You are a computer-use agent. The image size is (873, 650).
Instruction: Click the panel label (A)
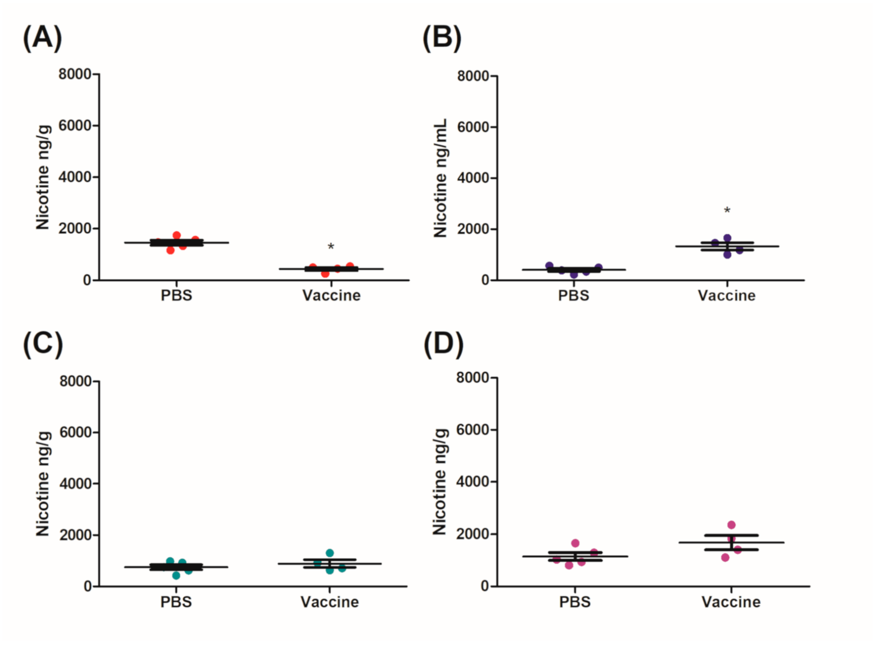point(42,37)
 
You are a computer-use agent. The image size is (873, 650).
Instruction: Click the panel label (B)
point(441,37)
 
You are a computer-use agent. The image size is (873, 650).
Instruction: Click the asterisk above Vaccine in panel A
point(330,247)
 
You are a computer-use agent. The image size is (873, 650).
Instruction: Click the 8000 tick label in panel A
point(74,74)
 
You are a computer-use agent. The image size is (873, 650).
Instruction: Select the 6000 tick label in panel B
point(473,127)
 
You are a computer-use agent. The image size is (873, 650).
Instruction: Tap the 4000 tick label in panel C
point(75,483)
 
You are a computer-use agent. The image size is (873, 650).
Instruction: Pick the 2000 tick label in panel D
point(472,534)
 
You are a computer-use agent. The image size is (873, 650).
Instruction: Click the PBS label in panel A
point(176,295)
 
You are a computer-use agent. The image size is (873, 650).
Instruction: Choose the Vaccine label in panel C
point(330,602)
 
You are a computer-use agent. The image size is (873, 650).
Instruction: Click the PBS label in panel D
point(575,602)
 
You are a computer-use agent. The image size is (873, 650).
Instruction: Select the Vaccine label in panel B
point(726,295)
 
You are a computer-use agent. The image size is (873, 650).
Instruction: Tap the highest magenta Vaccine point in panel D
point(731,525)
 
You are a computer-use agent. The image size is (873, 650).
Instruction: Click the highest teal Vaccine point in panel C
point(330,553)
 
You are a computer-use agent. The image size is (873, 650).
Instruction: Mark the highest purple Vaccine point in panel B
point(727,238)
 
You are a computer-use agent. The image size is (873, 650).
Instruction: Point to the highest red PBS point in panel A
point(176,235)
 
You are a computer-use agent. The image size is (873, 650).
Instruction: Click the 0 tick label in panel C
point(88,586)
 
